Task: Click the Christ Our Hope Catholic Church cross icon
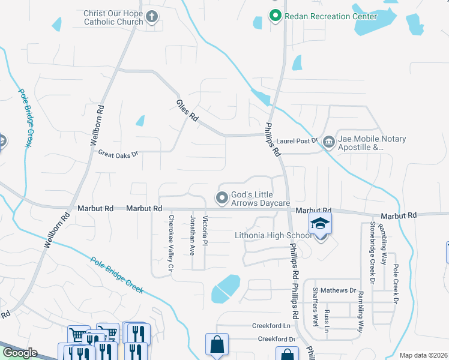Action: tap(152, 17)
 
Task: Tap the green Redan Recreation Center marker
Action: tap(276, 16)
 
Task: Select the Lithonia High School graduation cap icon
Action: tap(320, 224)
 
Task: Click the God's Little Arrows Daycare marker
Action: tap(222, 197)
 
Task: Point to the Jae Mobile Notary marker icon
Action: tap(328, 142)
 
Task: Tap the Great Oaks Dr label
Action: tap(118, 154)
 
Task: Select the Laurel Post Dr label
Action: tap(297, 141)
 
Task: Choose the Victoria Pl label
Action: tap(205, 231)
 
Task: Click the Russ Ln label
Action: tap(327, 321)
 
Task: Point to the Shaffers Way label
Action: tap(316, 307)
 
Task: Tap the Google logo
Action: tap(19, 353)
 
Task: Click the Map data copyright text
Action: tap(423, 355)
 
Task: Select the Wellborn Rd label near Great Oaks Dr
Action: tap(97, 127)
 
